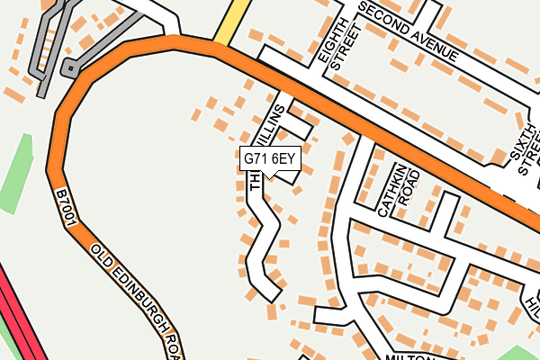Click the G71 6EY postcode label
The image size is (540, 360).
[269, 159]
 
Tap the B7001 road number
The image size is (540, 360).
[64, 206]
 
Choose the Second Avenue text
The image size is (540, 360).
[409, 33]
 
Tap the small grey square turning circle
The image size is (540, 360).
[69, 67]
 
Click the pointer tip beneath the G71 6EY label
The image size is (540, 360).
[269, 176]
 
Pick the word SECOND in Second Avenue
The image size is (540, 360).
[384, 21]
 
